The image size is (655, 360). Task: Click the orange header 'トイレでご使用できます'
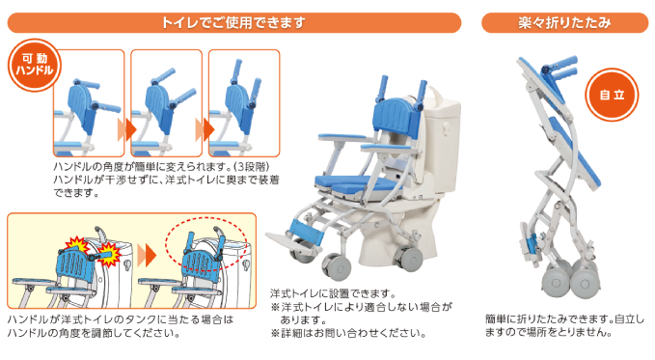point(237,20)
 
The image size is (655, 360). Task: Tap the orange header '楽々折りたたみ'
point(564,20)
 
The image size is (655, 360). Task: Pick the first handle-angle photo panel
point(89,102)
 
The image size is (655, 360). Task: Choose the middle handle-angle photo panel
point(165,102)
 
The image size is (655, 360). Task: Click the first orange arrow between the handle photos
point(123,127)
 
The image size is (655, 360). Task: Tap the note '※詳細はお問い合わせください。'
point(348,333)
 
